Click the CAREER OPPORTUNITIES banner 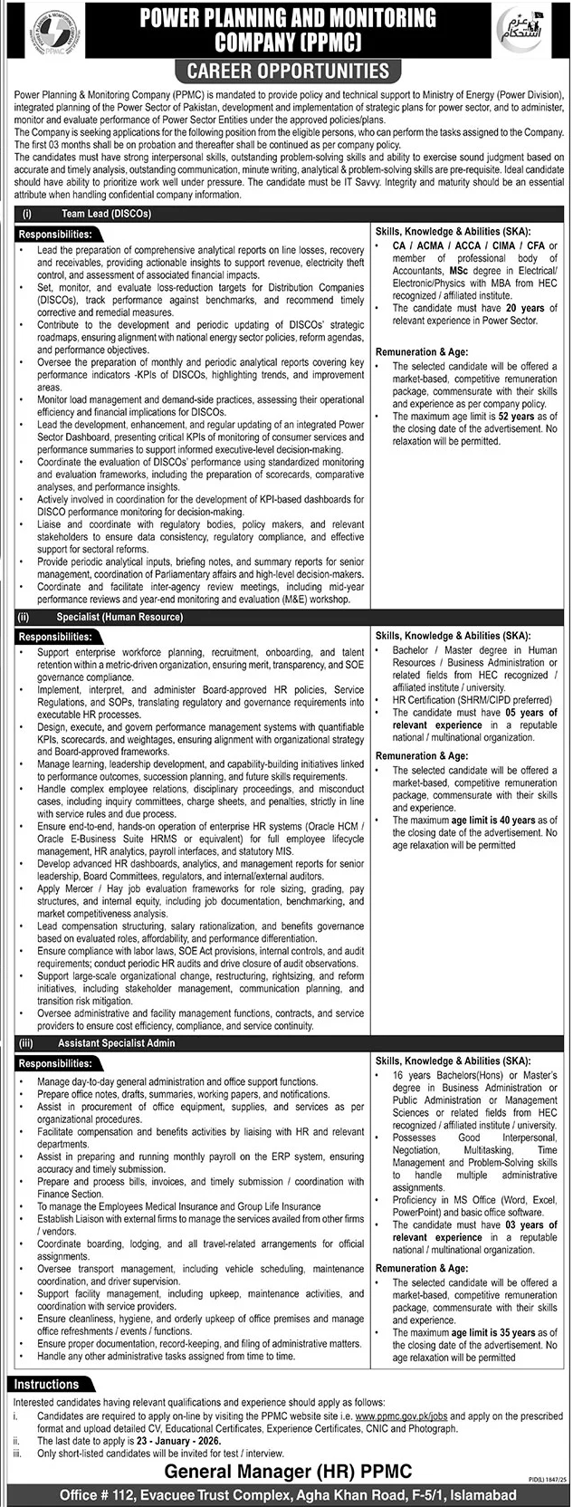click(287, 71)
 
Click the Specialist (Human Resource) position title click(121, 617)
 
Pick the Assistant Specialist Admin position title click(116, 1043)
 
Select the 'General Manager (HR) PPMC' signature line click(286, 1471)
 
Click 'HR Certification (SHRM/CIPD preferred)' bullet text click(472, 700)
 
